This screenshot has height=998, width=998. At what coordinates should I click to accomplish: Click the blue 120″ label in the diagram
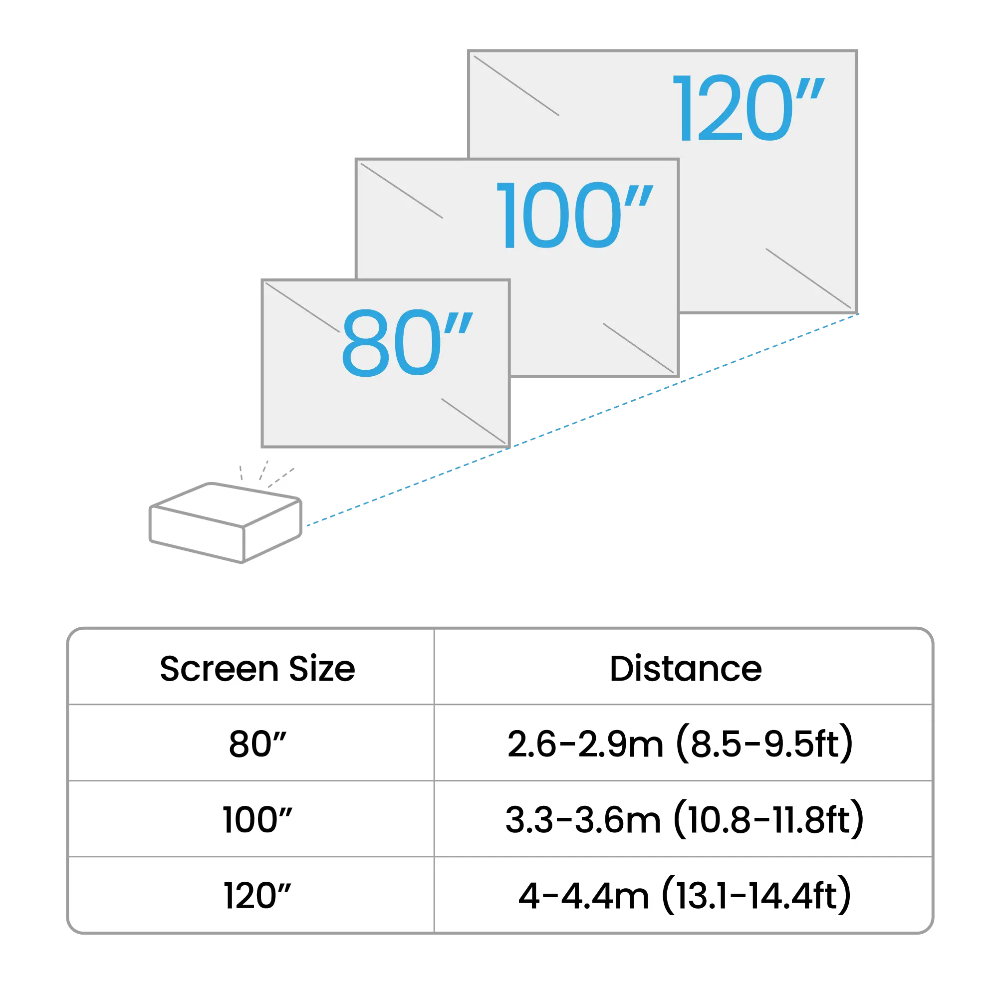pos(748,107)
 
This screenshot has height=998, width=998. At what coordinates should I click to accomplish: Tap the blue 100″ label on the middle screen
pos(574,215)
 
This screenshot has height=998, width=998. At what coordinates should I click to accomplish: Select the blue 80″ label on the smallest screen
pos(407,343)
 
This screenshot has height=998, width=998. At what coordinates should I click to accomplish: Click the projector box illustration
pos(226,523)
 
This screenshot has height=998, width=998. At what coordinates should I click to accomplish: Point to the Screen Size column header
pos(257,669)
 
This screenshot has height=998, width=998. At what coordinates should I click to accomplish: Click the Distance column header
pos(686,669)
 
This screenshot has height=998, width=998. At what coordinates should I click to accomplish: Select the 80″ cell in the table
pos(257,745)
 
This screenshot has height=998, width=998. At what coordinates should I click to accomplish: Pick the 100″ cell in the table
pos(257,820)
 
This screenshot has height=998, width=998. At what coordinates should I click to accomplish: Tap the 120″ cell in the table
pos(257,896)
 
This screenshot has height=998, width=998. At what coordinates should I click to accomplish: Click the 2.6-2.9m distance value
pos(585,745)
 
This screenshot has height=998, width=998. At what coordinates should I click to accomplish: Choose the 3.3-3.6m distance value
pos(583,820)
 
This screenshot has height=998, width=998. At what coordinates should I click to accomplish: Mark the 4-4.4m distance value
pos(584,896)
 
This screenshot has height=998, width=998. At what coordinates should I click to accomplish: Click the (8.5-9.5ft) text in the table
pos(765,744)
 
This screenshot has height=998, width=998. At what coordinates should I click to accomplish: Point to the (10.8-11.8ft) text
pos(768,819)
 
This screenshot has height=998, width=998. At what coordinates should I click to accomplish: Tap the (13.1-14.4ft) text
pos(757,895)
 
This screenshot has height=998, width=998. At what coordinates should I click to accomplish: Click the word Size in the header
pos(322,669)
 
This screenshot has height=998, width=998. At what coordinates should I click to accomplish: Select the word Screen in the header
pos(219,669)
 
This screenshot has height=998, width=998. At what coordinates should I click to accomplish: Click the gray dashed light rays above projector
pos(266,474)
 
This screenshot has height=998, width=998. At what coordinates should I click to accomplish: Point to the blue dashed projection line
pos(583,420)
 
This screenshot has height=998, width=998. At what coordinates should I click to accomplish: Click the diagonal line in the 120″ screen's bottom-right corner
pos(808,278)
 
